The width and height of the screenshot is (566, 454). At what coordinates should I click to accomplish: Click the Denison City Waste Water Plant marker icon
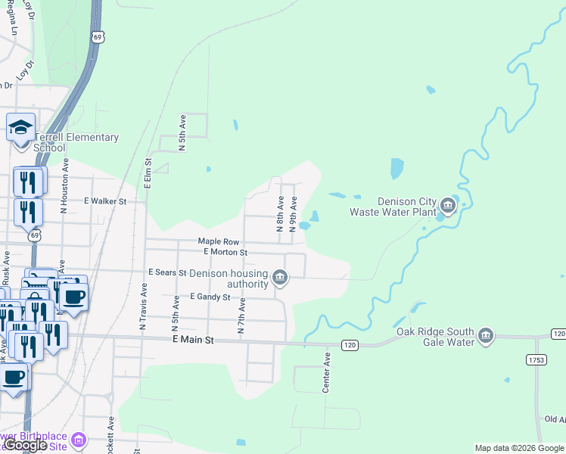(x=447, y=205)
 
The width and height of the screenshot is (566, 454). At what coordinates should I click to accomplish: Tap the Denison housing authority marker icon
(x=280, y=278)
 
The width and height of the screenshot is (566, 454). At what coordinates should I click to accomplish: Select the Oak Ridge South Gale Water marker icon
(x=485, y=335)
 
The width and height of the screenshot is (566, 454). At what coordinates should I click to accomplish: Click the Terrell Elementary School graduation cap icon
(x=20, y=127)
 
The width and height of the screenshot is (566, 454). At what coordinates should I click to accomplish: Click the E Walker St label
(x=105, y=201)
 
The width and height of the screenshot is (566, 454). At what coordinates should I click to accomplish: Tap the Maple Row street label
(x=219, y=241)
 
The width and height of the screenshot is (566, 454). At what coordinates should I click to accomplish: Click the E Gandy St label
(x=210, y=297)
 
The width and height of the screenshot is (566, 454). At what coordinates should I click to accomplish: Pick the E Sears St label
(x=167, y=272)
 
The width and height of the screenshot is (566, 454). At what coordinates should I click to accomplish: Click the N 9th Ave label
(x=292, y=214)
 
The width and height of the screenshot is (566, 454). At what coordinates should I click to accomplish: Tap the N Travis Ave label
(x=142, y=306)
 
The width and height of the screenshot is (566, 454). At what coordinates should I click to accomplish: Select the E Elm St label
(x=148, y=172)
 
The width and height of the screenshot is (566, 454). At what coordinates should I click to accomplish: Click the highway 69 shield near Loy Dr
(x=97, y=36)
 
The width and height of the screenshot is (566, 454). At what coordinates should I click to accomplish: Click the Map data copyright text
(x=519, y=448)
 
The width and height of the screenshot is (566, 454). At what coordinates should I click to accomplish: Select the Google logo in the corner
(x=26, y=445)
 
